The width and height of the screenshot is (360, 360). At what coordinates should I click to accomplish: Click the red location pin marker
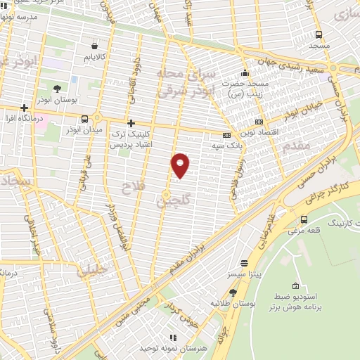point(181,165)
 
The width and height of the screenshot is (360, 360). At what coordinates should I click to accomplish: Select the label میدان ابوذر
point(86,130)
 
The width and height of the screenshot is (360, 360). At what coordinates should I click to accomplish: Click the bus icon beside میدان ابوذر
point(85,118)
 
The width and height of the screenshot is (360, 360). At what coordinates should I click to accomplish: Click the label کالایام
point(93,56)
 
